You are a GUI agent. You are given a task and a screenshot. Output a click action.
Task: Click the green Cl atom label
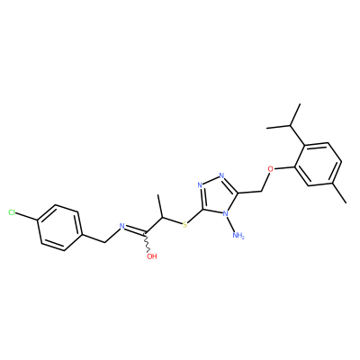click(x=12, y=213)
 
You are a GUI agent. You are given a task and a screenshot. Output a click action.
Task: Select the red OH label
click(x=152, y=256)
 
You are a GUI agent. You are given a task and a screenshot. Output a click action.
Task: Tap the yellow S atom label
click(x=184, y=224)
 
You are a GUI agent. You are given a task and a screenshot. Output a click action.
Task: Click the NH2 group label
click(x=238, y=236)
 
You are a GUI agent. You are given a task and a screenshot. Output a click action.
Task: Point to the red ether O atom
click(x=271, y=169)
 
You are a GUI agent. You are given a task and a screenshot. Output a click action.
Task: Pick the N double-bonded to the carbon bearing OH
click(x=121, y=226)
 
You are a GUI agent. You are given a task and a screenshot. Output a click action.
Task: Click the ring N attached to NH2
click(x=226, y=213)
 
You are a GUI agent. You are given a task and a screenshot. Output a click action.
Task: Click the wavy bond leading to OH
click(x=148, y=242)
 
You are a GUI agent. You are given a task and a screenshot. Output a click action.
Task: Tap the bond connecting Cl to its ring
click(x=27, y=217)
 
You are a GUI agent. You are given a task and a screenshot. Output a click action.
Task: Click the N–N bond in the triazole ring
click(x=211, y=180)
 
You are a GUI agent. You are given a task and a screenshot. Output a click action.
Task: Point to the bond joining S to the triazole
click(x=195, y=216)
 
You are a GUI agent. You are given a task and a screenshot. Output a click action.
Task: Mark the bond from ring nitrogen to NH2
click(x=231, y=224)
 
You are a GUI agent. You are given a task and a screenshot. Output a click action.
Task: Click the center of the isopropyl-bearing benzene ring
click(x=318, y=165)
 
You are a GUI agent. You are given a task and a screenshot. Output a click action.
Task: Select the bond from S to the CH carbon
click(x=172, y=220)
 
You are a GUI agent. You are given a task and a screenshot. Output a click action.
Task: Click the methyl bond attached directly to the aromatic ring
click(x=339, y=193)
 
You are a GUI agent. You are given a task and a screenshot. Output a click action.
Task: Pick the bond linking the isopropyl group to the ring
click(x=298, y=135)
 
